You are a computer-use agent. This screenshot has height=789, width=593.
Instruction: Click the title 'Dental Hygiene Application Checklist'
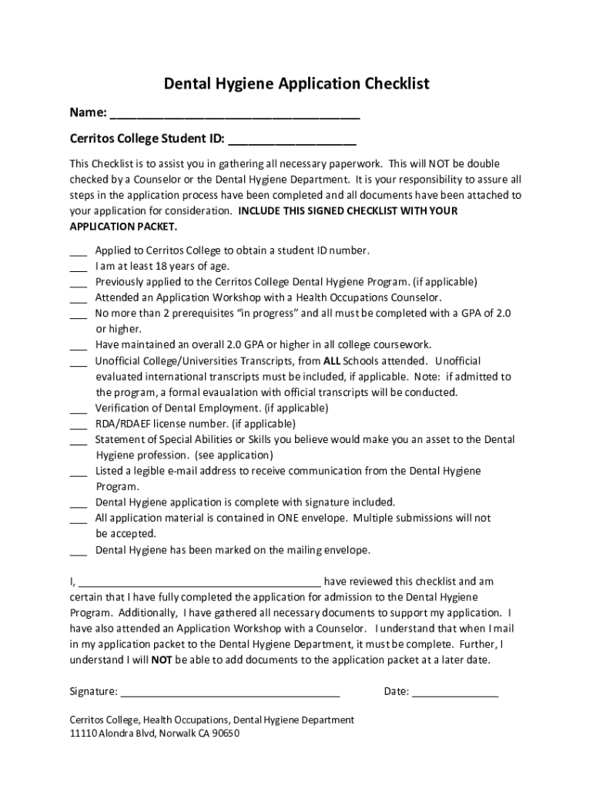[x=296, y=83]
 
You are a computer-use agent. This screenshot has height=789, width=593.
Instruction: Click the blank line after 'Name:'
[x=235, y=116]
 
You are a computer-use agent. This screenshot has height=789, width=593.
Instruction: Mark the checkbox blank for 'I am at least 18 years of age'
[x=78, y=267]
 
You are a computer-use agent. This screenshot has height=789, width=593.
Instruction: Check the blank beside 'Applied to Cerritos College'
[x=78, y=252]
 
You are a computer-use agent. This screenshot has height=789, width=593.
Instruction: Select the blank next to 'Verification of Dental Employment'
[x=78, y=409]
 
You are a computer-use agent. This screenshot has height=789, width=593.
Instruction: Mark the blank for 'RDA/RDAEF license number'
[x=78, y=425]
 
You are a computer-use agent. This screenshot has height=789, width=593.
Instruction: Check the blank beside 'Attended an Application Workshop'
[x=78, y=299]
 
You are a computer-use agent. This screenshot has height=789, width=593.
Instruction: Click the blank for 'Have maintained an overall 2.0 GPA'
[x=78, y=346]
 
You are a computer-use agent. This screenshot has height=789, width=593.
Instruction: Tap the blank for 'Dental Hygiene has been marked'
[x=78, y=552]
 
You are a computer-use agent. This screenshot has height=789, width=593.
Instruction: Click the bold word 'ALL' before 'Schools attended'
[x=331, y=361]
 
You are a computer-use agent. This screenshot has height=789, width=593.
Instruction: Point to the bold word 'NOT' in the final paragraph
[x=161, y=660]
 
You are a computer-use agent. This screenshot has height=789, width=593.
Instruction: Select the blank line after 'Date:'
[x=455, y=692]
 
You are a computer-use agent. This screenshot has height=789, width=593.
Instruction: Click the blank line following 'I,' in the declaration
[x=199, y=583]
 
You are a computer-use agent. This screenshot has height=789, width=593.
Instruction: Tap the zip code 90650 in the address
[x=225, y=734]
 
